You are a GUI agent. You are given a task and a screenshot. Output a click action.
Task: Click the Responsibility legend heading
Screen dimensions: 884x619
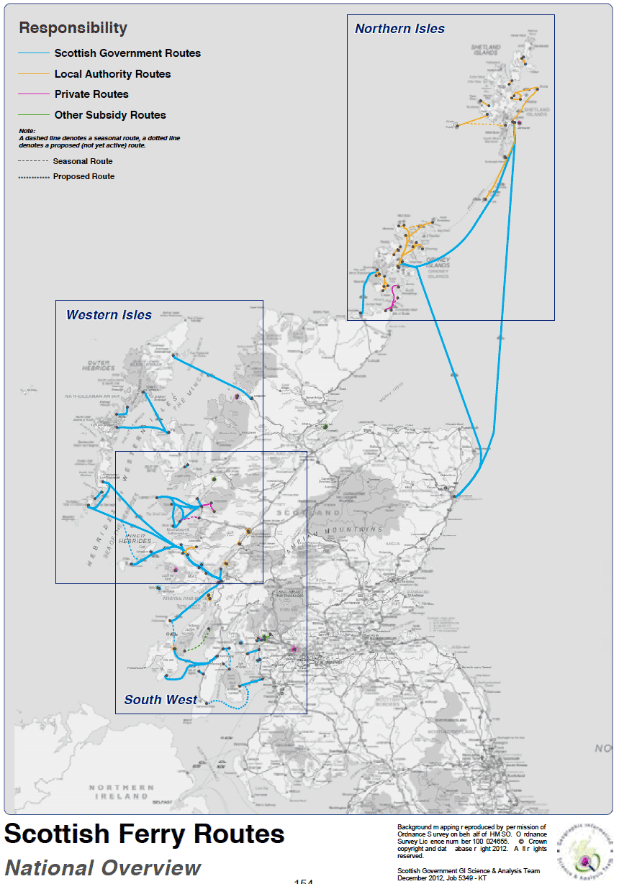point(73,28)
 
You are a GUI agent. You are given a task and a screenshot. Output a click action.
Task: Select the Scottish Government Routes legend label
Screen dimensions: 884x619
point(127,53)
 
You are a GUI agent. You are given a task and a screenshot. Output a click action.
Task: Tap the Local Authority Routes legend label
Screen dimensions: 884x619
point(112,74)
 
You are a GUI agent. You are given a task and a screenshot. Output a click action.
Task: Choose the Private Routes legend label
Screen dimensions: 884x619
point(91,94)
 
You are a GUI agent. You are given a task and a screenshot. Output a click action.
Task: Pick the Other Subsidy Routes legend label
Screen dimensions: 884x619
point(110,115)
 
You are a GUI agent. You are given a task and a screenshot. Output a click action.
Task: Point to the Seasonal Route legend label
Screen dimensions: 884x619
point(83,161)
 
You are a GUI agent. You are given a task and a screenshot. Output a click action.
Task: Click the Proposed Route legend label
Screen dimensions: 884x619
point(83,176)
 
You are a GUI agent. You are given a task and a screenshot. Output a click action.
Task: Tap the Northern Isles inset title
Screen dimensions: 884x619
point(399,29)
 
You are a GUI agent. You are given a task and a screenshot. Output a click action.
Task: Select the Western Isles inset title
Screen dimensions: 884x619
point(109,315)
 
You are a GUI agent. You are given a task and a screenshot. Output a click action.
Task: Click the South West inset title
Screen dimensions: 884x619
point(161,700)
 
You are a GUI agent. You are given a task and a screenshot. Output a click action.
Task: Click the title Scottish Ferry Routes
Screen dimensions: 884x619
point(145,834)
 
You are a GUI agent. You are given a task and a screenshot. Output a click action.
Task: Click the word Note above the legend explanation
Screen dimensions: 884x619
point(27,130)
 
